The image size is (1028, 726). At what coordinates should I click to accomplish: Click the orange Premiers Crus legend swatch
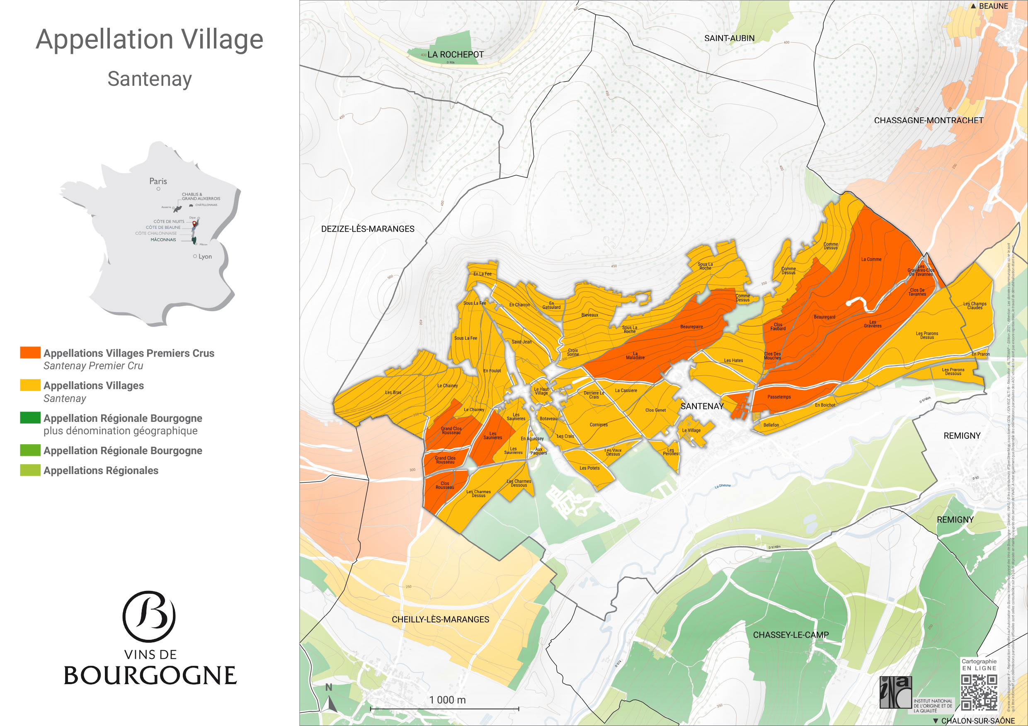tap(30, 352)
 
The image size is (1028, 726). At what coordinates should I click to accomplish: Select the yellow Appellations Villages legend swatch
tap(30, 385)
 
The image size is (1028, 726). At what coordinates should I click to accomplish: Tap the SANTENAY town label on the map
tap(702, 407)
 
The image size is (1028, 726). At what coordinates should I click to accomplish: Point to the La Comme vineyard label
tap(871, 259)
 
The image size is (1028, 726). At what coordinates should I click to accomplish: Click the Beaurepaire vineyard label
tap(691, 327)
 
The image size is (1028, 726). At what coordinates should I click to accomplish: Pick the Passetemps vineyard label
tap(779, 397)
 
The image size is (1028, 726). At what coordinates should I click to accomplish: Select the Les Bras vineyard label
tap(393, 392)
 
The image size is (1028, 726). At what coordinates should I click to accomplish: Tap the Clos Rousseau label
tap(445, 485)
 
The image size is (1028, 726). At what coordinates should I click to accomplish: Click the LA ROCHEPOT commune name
tap(456, 55)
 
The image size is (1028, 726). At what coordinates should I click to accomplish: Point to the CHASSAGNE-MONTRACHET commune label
tap(928, 121)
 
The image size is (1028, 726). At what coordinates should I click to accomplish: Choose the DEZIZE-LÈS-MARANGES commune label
tap(368, 229)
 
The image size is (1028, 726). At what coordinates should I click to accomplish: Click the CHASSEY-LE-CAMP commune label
tap(791, 635)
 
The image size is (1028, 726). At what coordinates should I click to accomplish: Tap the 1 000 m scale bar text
tap(447, 699)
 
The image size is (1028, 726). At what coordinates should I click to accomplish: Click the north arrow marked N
tap(330, 699)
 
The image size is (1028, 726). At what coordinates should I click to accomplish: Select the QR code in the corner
tap(979, 692)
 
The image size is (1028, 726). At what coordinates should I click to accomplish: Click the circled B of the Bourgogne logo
tap(149, 616)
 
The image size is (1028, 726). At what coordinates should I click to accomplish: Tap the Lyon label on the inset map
tap(205, 257)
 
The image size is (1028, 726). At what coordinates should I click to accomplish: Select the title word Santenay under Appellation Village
tap(150, 79)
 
